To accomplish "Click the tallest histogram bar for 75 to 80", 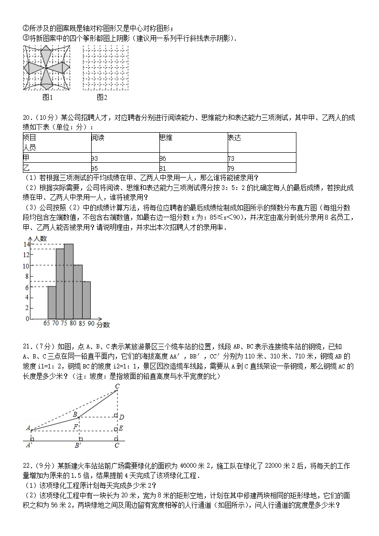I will coord(69,281).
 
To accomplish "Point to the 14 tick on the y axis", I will coord(27,244).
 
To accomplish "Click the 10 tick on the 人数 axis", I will coord(27,265).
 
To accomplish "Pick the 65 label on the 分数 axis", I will coord(47,323).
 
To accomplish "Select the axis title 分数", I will coord(103,325).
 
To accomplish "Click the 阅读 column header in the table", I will coord(98,137).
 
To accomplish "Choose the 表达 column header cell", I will coord(234,137).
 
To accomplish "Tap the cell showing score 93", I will coord(95,158).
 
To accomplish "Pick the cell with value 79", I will coord(231,168).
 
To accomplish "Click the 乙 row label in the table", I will coord(26,168).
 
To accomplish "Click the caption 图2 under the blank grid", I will coord(102,98).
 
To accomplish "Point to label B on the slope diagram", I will coord(74,414).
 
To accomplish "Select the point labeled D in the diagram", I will coord(122,417).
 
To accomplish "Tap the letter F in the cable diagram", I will coord(75,426).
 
